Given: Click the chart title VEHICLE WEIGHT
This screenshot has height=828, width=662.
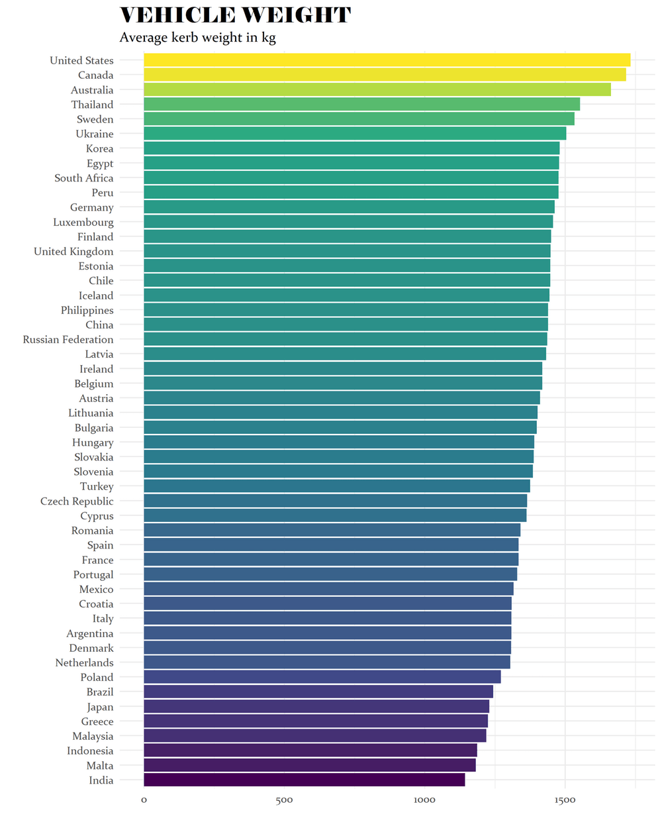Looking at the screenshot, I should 235,15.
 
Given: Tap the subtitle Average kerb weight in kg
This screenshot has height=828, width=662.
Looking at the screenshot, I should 197,38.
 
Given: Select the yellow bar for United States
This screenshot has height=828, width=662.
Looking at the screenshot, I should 387,60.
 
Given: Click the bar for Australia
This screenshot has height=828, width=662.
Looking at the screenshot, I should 377,90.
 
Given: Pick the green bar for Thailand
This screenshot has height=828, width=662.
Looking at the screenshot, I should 361,105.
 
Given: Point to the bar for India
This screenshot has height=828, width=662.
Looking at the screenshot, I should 304,780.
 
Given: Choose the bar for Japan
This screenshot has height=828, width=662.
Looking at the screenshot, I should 316,707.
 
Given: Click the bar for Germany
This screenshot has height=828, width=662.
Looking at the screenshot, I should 349,207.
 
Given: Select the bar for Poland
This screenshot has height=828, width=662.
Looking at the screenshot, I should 322,677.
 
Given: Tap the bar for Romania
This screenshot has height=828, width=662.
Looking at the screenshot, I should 332,531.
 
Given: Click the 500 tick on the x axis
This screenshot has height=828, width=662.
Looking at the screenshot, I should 284,800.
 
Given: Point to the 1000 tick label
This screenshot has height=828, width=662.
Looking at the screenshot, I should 424,800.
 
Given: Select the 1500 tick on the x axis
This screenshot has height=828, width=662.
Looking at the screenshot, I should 565,800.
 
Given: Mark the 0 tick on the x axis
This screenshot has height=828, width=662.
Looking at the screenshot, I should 144,800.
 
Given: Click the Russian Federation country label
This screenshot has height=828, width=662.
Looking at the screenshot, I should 68,340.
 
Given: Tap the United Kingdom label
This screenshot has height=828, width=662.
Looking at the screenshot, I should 73,252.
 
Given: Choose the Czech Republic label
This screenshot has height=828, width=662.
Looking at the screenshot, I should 77,501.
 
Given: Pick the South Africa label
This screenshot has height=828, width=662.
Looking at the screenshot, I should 83,178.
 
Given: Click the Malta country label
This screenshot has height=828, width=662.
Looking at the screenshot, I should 100,766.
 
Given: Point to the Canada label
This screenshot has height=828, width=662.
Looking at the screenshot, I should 95,76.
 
